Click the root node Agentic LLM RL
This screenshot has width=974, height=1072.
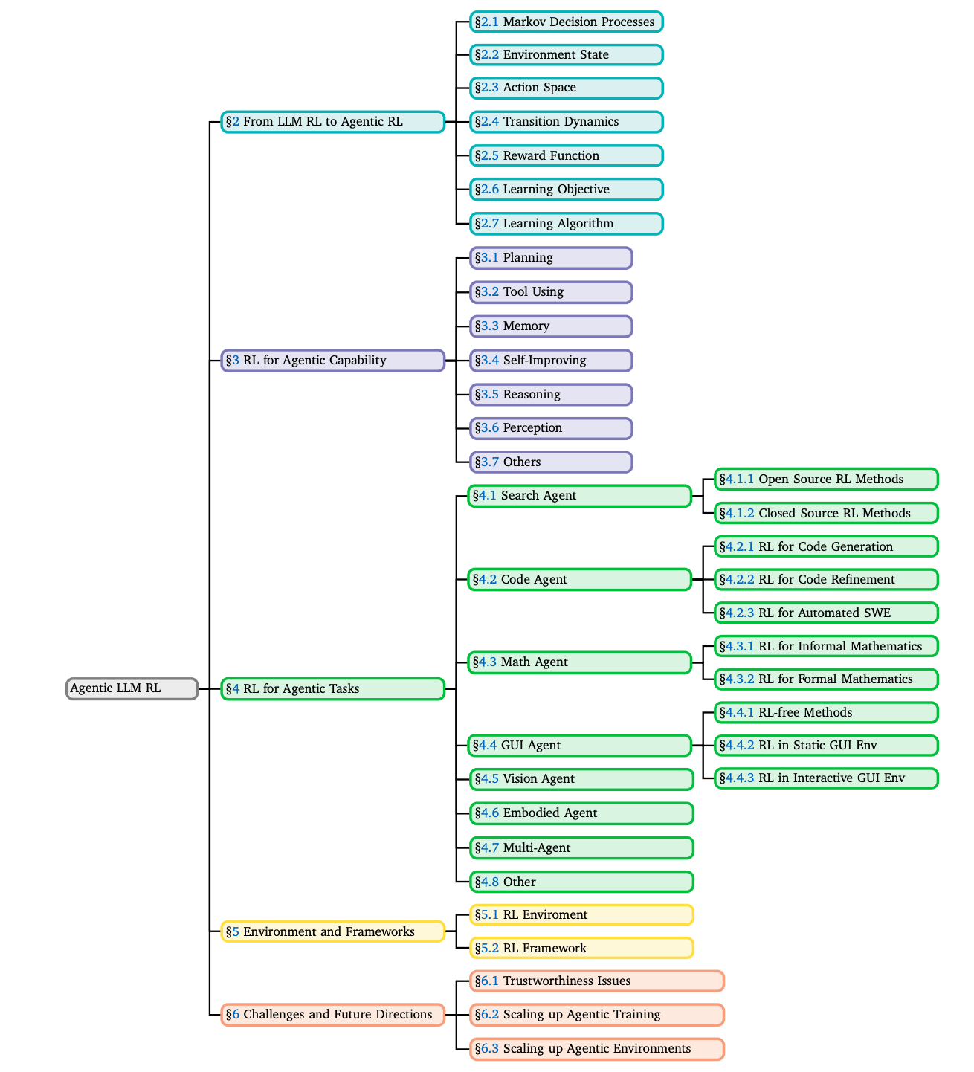point(132,688)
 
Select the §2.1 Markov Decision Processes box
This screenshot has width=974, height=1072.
point(566,22)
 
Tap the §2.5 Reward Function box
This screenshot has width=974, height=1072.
point(566,155)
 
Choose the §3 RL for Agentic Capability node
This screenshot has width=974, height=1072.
point(332,361)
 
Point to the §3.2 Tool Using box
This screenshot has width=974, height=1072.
point(551,291)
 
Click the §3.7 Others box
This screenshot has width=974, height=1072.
point(551,462)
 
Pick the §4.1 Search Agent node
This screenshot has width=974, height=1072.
point(579,495)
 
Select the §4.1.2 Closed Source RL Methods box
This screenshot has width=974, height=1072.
point(826,513)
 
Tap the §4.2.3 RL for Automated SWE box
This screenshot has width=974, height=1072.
point(826,613)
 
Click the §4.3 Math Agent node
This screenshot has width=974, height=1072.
point(579,662)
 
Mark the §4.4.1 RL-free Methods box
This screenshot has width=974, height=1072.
point(826,712)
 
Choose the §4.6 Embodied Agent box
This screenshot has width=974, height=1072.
point(581,813)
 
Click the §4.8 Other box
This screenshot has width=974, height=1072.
point(581,882)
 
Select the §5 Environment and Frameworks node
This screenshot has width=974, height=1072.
point(332,931)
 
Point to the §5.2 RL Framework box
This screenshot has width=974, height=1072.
point(581,948)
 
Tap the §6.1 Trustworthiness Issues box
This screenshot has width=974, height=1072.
point(596,981)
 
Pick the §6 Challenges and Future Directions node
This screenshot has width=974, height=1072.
point(332,1014)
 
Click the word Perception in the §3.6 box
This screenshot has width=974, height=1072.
point(532,428)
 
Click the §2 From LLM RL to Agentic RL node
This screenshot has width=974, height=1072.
point(332,122)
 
